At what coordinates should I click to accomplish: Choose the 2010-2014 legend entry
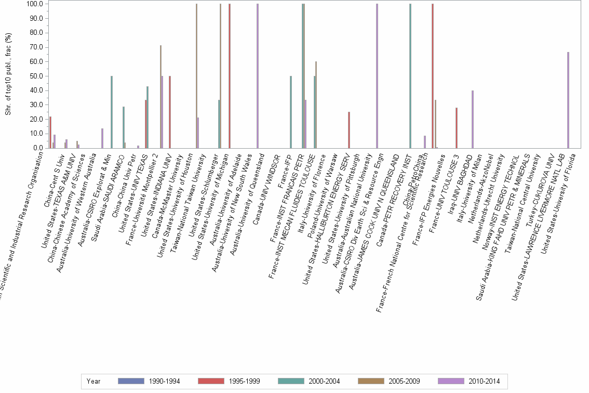[469, 381]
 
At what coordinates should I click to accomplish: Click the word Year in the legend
[93, 381]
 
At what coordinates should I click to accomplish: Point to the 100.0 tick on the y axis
[35, 4]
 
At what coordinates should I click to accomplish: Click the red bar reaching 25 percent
[349, 130]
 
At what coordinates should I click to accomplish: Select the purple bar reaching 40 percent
[472, 119]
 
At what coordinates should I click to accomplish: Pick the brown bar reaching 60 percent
[316, 104]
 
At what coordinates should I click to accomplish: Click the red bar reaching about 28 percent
[456, 128]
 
